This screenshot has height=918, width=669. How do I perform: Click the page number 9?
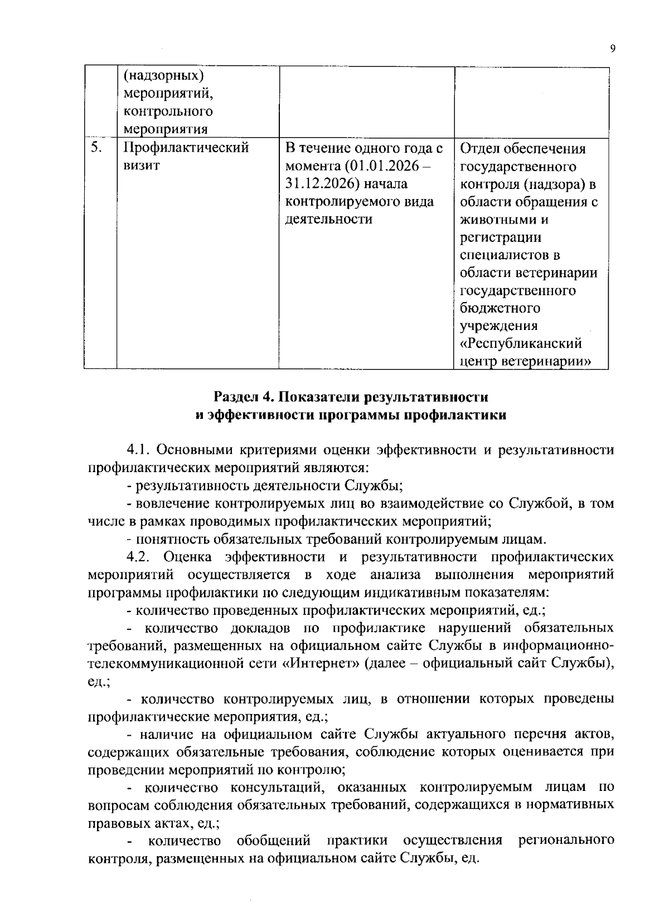click(x=613, y=49)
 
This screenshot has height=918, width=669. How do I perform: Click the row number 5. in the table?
click(x=96, y=148)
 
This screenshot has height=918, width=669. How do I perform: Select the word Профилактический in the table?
click(x=185, y=148)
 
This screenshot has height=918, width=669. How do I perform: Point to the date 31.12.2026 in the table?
click(x=317, y=184)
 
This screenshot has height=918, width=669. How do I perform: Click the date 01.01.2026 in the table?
click(x=379, y=166)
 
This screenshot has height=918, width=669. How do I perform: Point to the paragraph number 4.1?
click(x=139, y=450)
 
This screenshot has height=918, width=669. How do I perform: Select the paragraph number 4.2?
click(x=139, y=557)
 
